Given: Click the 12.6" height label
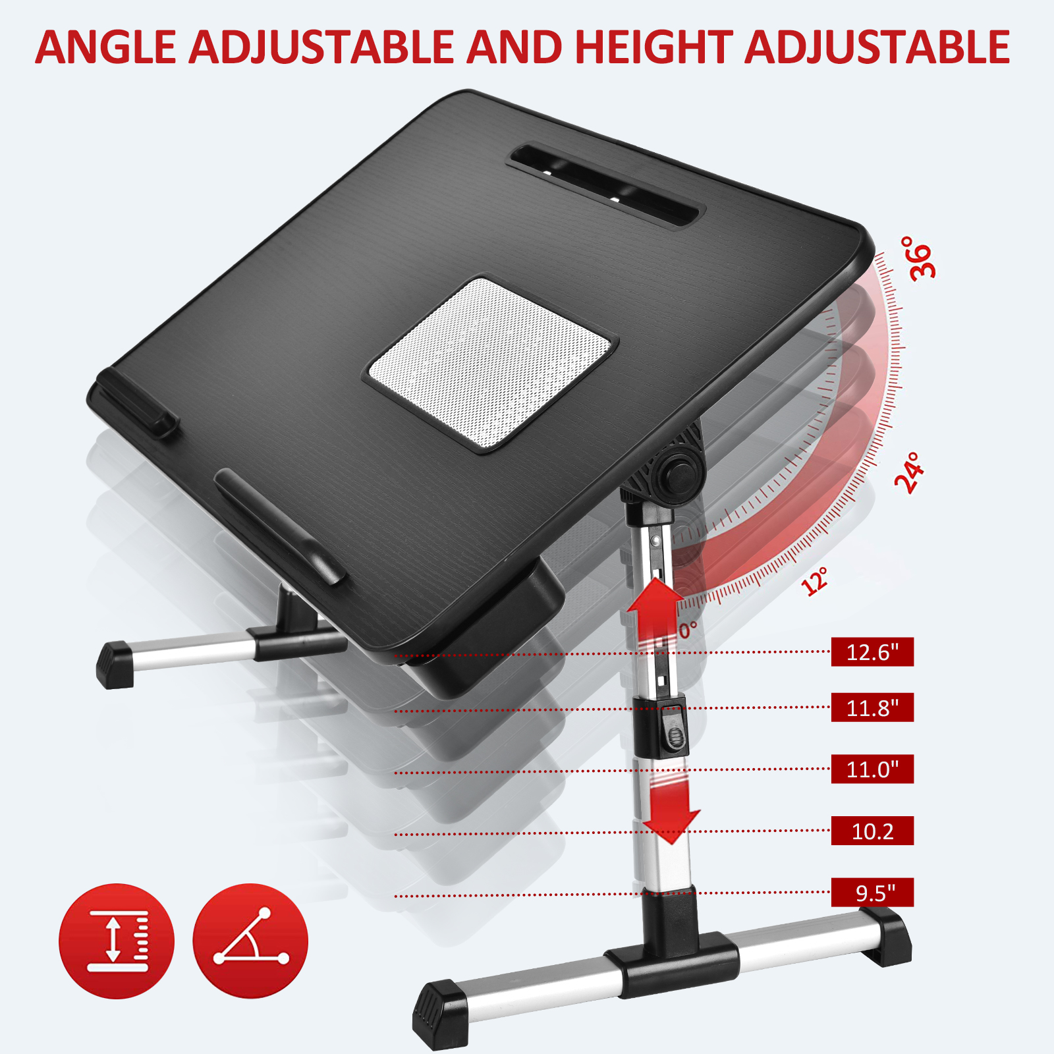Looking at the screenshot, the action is pos(872,652).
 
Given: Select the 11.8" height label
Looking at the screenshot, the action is pos(872,707).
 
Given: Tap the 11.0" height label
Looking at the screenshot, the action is pos(872,769).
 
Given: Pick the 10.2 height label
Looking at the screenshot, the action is pos(872,831).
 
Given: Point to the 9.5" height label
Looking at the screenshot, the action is pos(872,893).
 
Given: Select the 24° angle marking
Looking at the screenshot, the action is pos(910,472).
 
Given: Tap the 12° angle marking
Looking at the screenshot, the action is pos(815,581).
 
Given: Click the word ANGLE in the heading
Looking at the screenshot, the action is pos(105,47).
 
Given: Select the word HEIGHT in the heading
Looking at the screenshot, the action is pos(653,47).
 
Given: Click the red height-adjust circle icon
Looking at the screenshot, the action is pos(117,941).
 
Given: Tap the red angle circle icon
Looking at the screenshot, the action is pos(250,941).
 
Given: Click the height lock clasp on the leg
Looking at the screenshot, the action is pos(673,728).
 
